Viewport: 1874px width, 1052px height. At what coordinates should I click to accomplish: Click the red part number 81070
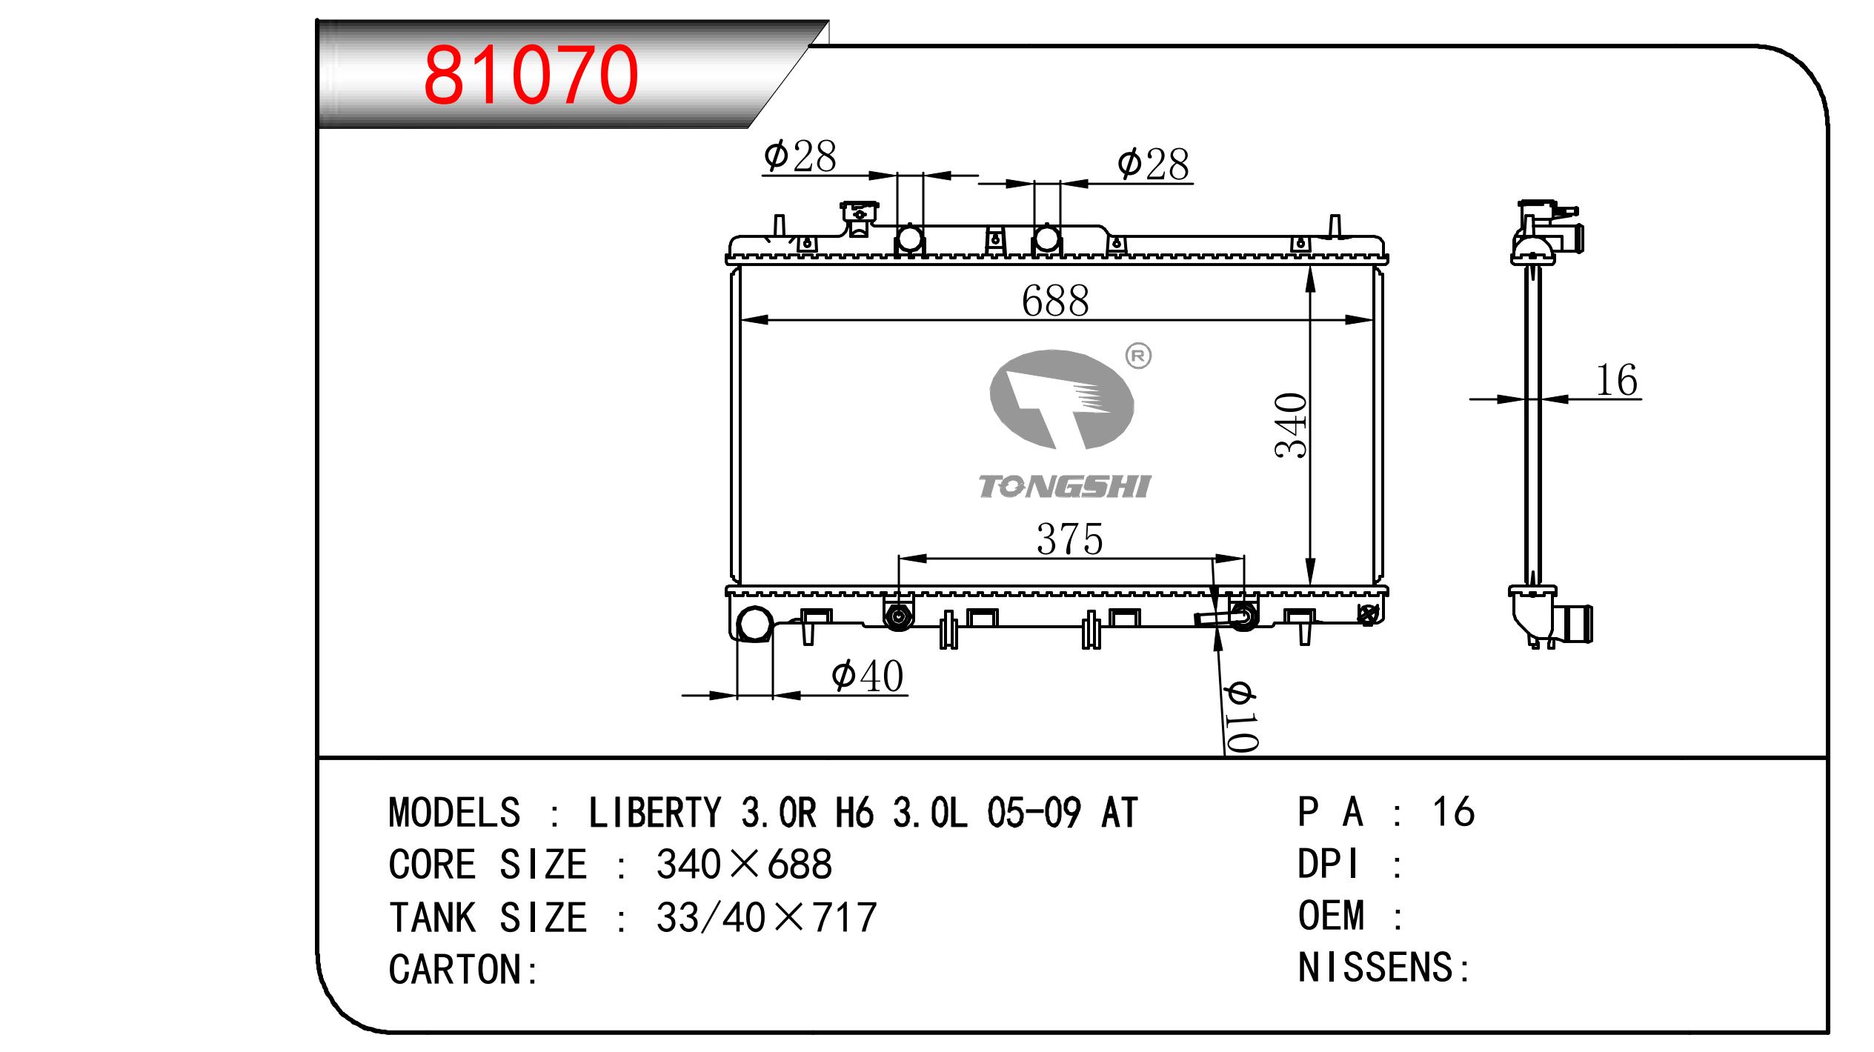click(x=531, y=75)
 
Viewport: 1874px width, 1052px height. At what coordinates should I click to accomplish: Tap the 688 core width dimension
click(x=1055, y=300)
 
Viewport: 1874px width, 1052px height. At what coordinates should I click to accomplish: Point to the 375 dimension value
click(x=1070, y=539)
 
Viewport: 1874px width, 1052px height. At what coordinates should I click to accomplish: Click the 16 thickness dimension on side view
click(x=1617, y=381)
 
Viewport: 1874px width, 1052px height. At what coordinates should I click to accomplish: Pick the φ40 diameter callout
click(x=868, y=676)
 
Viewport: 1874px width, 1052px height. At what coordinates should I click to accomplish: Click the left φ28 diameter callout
click(x=800, y=156)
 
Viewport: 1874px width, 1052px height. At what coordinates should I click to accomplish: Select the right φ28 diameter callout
click(x=1153, y=164)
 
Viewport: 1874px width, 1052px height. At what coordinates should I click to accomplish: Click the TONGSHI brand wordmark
click(x=1065, y=487)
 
